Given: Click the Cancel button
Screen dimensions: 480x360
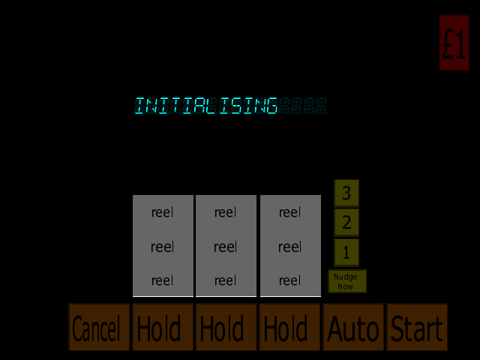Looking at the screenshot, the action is click(x=99, y=327).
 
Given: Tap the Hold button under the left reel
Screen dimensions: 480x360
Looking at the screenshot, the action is click(x=163, y=327).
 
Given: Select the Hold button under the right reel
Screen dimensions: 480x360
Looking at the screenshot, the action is click(x=289, y=327).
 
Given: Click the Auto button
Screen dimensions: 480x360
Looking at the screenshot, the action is click(x=353, y=327).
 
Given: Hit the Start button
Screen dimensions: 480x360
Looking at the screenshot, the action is click(x=417, y=327).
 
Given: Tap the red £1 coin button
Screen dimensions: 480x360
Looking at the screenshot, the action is click(x=454, y=43).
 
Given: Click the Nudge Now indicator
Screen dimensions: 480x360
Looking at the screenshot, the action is click(x=347, y=281).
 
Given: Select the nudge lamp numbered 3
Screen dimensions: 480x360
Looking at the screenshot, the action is click(x=346, y=193).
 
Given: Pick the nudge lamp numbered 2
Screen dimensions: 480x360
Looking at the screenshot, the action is click(x=346, y=223).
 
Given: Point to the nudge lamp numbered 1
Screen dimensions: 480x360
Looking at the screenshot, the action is click(x=346, y=252).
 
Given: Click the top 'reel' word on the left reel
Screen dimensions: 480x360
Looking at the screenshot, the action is click(x=162, y=212).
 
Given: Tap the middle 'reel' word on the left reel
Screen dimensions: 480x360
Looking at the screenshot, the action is click(x=162, y=247).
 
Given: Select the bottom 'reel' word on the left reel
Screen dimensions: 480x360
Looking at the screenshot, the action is click(x=162, y=280).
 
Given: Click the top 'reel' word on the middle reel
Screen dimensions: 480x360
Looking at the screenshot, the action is click(x=225, y=212).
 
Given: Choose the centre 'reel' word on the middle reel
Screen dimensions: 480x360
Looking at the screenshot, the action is click(x=225, y=247).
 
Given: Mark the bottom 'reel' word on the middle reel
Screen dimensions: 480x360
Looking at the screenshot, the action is click(x=225, y=280).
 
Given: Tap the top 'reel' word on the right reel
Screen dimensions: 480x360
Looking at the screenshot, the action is click(x=290, y=212).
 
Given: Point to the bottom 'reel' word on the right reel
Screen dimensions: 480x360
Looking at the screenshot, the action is click(x=290, y=280).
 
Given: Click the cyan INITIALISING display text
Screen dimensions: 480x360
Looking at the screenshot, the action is click(x=206, y=106).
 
